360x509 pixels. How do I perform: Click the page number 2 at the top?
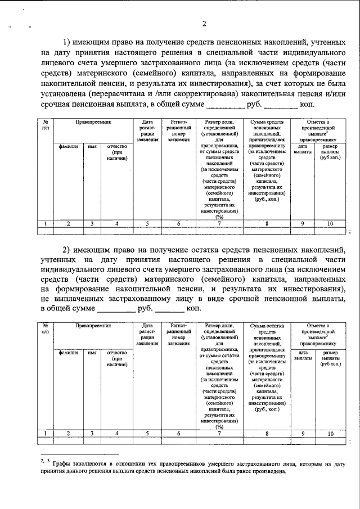point(204,24)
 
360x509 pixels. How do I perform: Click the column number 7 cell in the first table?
point(219,223)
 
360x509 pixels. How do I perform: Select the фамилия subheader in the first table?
point(68,146)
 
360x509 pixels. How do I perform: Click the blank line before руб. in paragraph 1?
point(226,105)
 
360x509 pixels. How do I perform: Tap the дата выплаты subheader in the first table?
point(303,149)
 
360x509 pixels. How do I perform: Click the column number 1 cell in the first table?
point(45,223)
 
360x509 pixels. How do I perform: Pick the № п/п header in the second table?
point(45,329)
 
